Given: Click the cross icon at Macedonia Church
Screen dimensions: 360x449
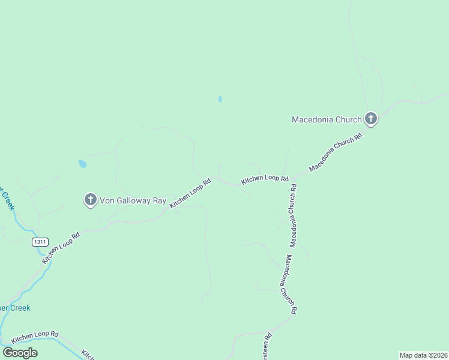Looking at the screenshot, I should point(371,119).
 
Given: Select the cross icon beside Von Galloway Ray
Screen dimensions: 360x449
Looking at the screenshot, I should point(91,200).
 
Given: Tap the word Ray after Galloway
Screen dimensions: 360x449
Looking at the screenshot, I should point(159,200).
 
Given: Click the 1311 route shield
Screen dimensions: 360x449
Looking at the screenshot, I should point(40,242).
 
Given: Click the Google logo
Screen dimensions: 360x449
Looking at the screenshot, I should point(20,352).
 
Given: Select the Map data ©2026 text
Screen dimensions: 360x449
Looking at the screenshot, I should point(423,355).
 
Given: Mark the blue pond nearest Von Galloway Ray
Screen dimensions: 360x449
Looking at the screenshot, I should point(82,163).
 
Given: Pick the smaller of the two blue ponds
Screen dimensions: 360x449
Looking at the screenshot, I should point(220,99).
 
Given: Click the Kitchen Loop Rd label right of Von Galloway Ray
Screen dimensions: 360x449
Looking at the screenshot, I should point(190,193).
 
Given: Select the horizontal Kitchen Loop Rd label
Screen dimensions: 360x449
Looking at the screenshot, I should point(265,179).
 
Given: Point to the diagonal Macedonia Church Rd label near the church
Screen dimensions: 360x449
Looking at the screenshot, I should point(336,152).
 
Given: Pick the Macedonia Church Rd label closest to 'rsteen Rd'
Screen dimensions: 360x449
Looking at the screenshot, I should point(291,285).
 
